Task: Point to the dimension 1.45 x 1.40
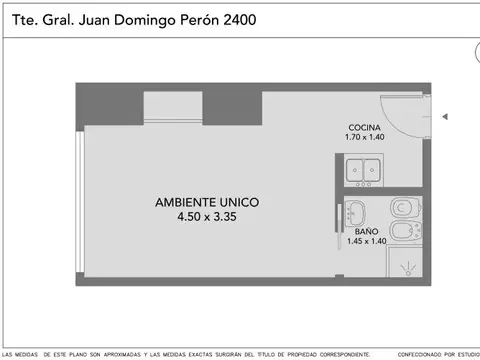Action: (x=366, y=241)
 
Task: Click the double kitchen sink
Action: (x=364, y=170)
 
